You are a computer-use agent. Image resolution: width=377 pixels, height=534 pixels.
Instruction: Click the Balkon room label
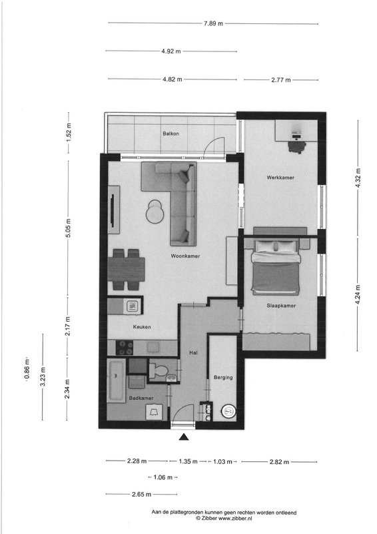(171, 133)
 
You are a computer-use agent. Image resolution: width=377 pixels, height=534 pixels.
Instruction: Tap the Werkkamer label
(280, 178)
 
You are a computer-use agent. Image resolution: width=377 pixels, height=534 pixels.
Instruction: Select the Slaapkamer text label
(281, 306)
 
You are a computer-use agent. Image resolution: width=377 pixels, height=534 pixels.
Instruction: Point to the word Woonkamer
(185, 256)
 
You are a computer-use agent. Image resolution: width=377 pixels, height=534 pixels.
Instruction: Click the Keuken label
(142, 327)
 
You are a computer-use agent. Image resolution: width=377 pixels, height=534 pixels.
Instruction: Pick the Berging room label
(223, 377)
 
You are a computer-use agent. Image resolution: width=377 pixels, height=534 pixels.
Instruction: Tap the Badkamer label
(141, 398)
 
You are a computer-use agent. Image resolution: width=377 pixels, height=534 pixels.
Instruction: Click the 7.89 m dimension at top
(214, 23)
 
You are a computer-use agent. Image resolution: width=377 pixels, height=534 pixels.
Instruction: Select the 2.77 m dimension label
(281, 80)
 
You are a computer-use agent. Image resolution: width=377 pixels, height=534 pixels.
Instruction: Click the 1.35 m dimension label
(188, 461)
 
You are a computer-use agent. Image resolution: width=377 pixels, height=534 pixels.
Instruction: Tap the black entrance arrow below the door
(184, 437)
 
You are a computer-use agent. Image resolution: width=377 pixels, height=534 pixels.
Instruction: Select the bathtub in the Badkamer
(116, 380)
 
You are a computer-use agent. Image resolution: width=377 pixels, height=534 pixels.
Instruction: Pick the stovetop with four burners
(125, 348)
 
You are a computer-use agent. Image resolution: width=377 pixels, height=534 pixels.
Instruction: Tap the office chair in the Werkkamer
(297, 147)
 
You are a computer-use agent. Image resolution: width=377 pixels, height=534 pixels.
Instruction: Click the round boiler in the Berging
(228, 411)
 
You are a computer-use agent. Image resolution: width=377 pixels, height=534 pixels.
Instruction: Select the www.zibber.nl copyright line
(224, 518)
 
